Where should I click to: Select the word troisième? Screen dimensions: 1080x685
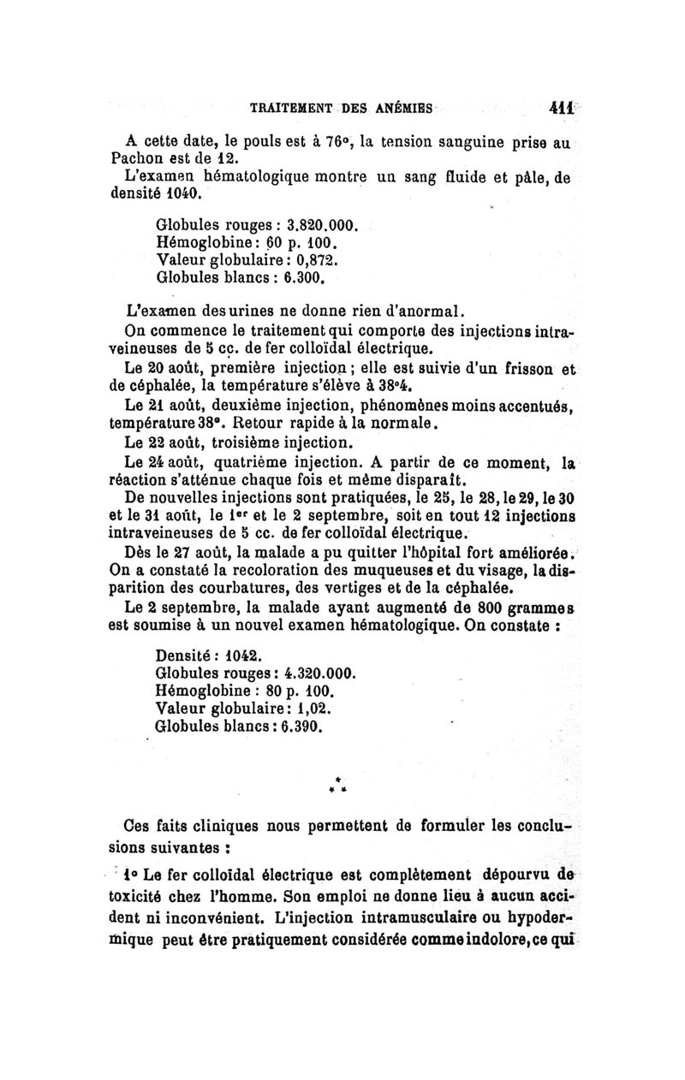coord(248,443)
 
